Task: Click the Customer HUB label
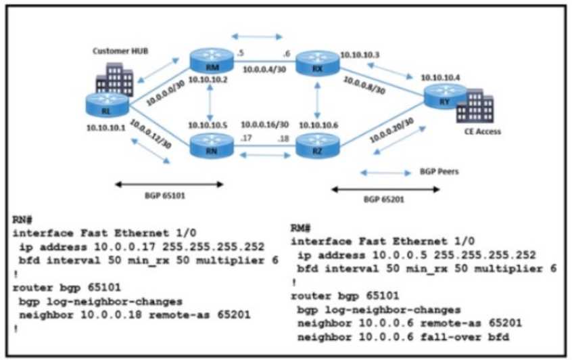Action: (115, 51)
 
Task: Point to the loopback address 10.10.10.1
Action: (106, 127)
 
